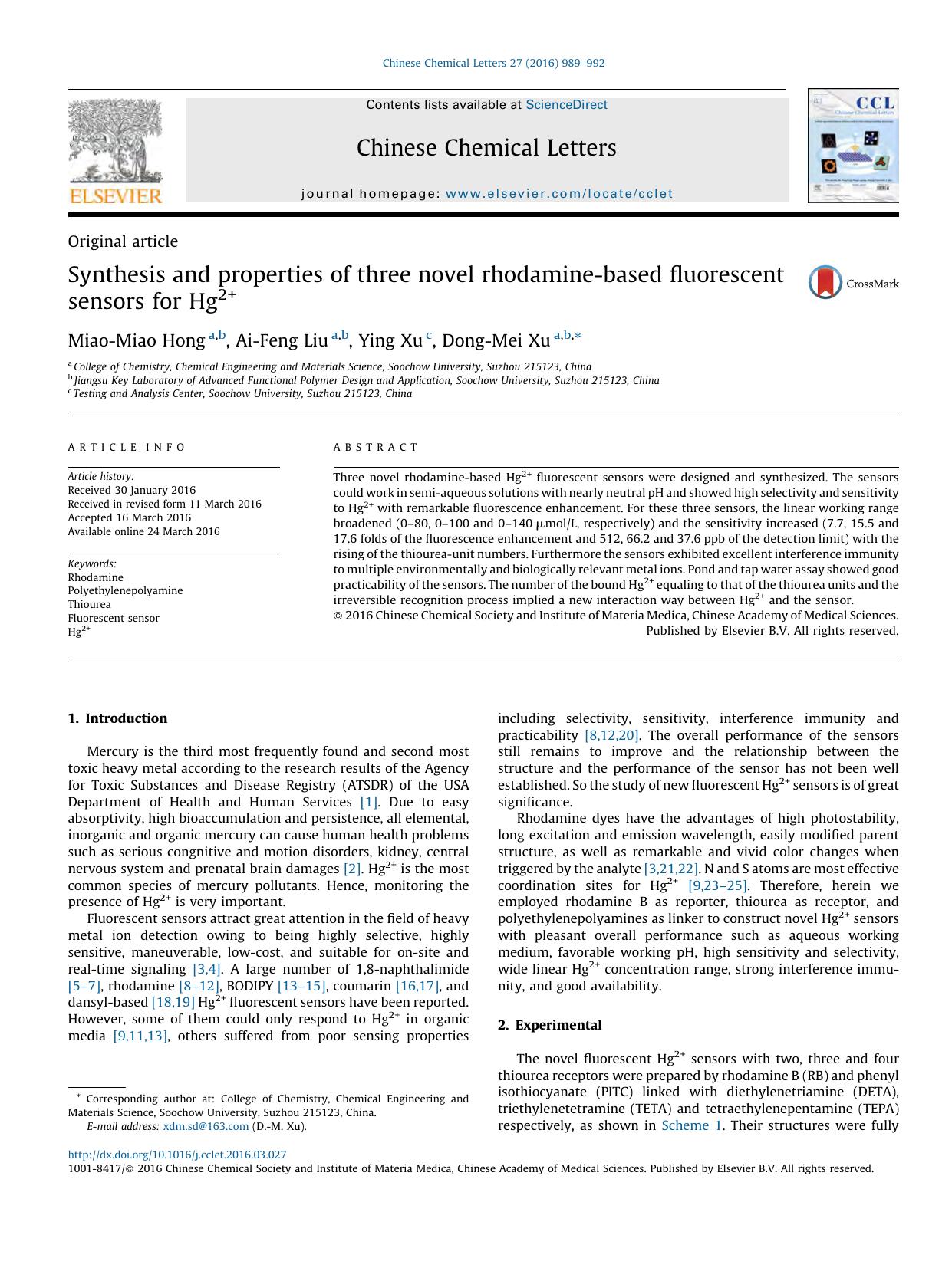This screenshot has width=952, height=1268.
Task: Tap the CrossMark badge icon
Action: [x=825, y=282]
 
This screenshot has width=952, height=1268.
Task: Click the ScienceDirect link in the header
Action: [x=566, y=105]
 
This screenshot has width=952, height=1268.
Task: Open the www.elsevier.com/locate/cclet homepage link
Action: [x=558, y=194]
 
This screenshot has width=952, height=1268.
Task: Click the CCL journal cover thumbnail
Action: [x=852, y=146]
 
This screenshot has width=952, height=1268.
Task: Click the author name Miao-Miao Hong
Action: [x=137, y=340]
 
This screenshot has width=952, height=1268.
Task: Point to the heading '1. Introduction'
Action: [x=117, y=718]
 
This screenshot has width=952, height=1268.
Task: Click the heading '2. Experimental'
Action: [x=549, y=1025]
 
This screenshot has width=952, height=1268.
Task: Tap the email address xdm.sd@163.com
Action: [x=206, y=1126]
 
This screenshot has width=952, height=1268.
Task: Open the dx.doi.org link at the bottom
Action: [x=177, y=1155]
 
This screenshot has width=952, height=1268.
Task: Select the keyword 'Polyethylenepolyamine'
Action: [x=125, y=590]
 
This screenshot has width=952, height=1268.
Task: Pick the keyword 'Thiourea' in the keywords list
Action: [x=89, y=604]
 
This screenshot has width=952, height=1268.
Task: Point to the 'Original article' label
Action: [x=123, y=241]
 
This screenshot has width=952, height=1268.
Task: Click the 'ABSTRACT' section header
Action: [x=376, y=447]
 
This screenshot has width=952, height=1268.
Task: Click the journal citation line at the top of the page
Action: [x=493, y=63]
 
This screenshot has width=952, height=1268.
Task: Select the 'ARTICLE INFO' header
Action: [x=127, y=447]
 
